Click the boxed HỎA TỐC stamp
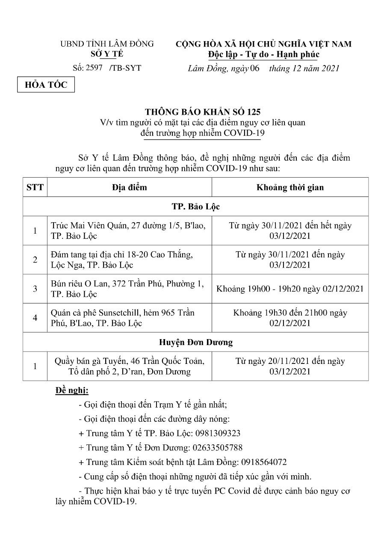click(46, 85)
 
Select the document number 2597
click(94, 68)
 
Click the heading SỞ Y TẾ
click(107, 54)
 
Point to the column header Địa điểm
click(129, 187)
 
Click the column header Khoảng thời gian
click(290, 187)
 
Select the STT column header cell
click(35, 187)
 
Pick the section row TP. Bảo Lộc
click(195, 206)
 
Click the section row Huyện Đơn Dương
click(195, 342)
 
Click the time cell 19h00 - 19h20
click(290, 289)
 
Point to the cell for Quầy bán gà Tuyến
click(129, 366)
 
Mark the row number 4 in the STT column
click(35, 318)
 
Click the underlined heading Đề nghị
click(72, 390)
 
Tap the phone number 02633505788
click(217, 448)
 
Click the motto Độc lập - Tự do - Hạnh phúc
click(263, 54)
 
